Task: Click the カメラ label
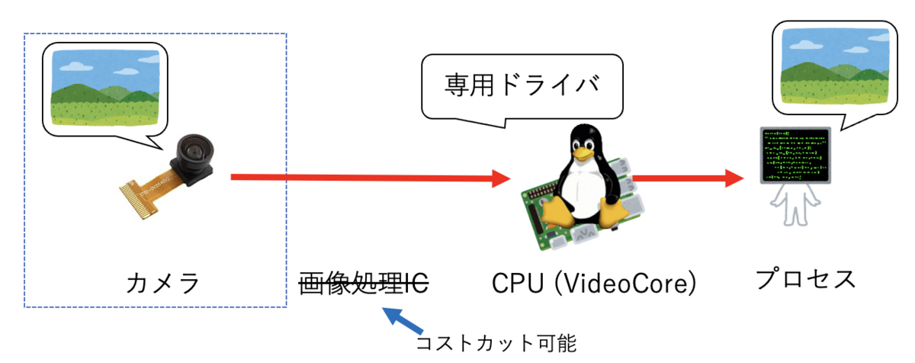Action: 162,283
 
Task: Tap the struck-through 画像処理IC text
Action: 364,283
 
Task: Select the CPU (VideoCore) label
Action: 594,284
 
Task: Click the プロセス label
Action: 805,279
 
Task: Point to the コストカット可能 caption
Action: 496,343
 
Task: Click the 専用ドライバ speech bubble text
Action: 522,85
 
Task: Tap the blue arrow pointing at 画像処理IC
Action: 403,320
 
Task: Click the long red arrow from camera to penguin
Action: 371,178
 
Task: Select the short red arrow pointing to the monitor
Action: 688,178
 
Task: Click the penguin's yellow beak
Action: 583,153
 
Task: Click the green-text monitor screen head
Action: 795,155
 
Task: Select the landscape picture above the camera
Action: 105,88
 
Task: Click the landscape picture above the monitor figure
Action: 835,67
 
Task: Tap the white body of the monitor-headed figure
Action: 795,204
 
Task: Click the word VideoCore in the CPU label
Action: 625,284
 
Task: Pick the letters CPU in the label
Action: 518,284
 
